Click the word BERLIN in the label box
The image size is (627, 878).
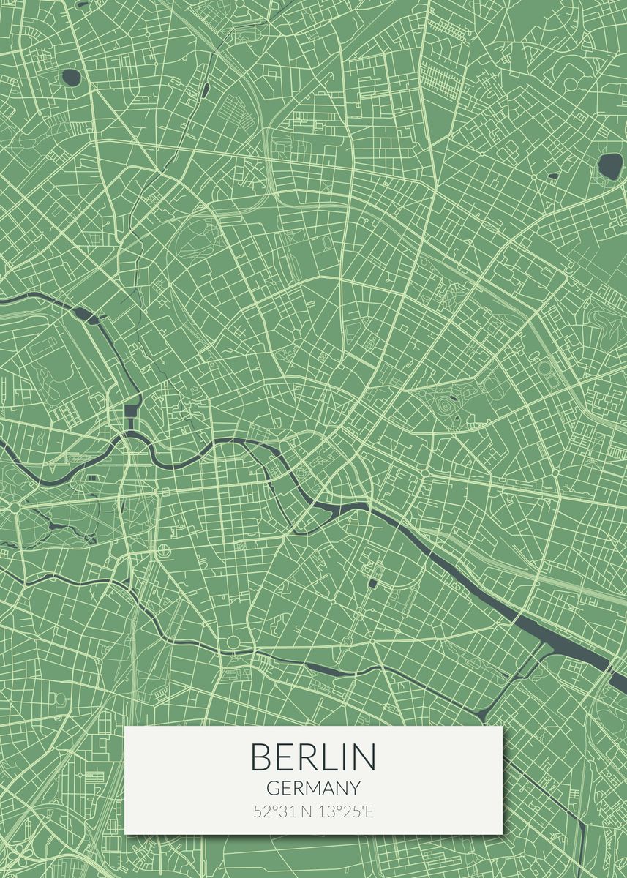[313, 757]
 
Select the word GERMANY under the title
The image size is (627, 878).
[313, 788]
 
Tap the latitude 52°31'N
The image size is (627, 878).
[282, 811]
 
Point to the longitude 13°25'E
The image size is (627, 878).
[344, 811]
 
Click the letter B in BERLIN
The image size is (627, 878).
[260, 757]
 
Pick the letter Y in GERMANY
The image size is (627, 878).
[354, 788]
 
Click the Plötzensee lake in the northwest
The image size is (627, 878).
[72, 76]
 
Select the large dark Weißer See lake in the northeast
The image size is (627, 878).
[609, 165]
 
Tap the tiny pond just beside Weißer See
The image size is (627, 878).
[554, 176]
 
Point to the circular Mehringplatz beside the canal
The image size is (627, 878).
[233, 642]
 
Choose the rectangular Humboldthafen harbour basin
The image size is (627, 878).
[132, 409]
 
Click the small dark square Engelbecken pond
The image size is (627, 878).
[372, 583]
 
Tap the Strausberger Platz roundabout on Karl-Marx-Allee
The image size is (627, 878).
[425, 473]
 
